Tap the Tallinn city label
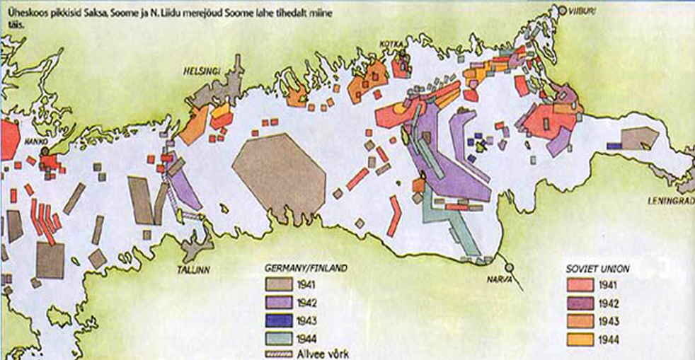[193, 269]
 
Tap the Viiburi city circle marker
[563, 11]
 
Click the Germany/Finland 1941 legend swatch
[280, 286]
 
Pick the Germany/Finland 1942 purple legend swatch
[280, 303]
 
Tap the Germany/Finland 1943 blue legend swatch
[280, 320]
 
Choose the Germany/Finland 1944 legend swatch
[280, 337]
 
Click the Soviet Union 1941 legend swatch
[580, 286]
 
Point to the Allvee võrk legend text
[325, 353]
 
